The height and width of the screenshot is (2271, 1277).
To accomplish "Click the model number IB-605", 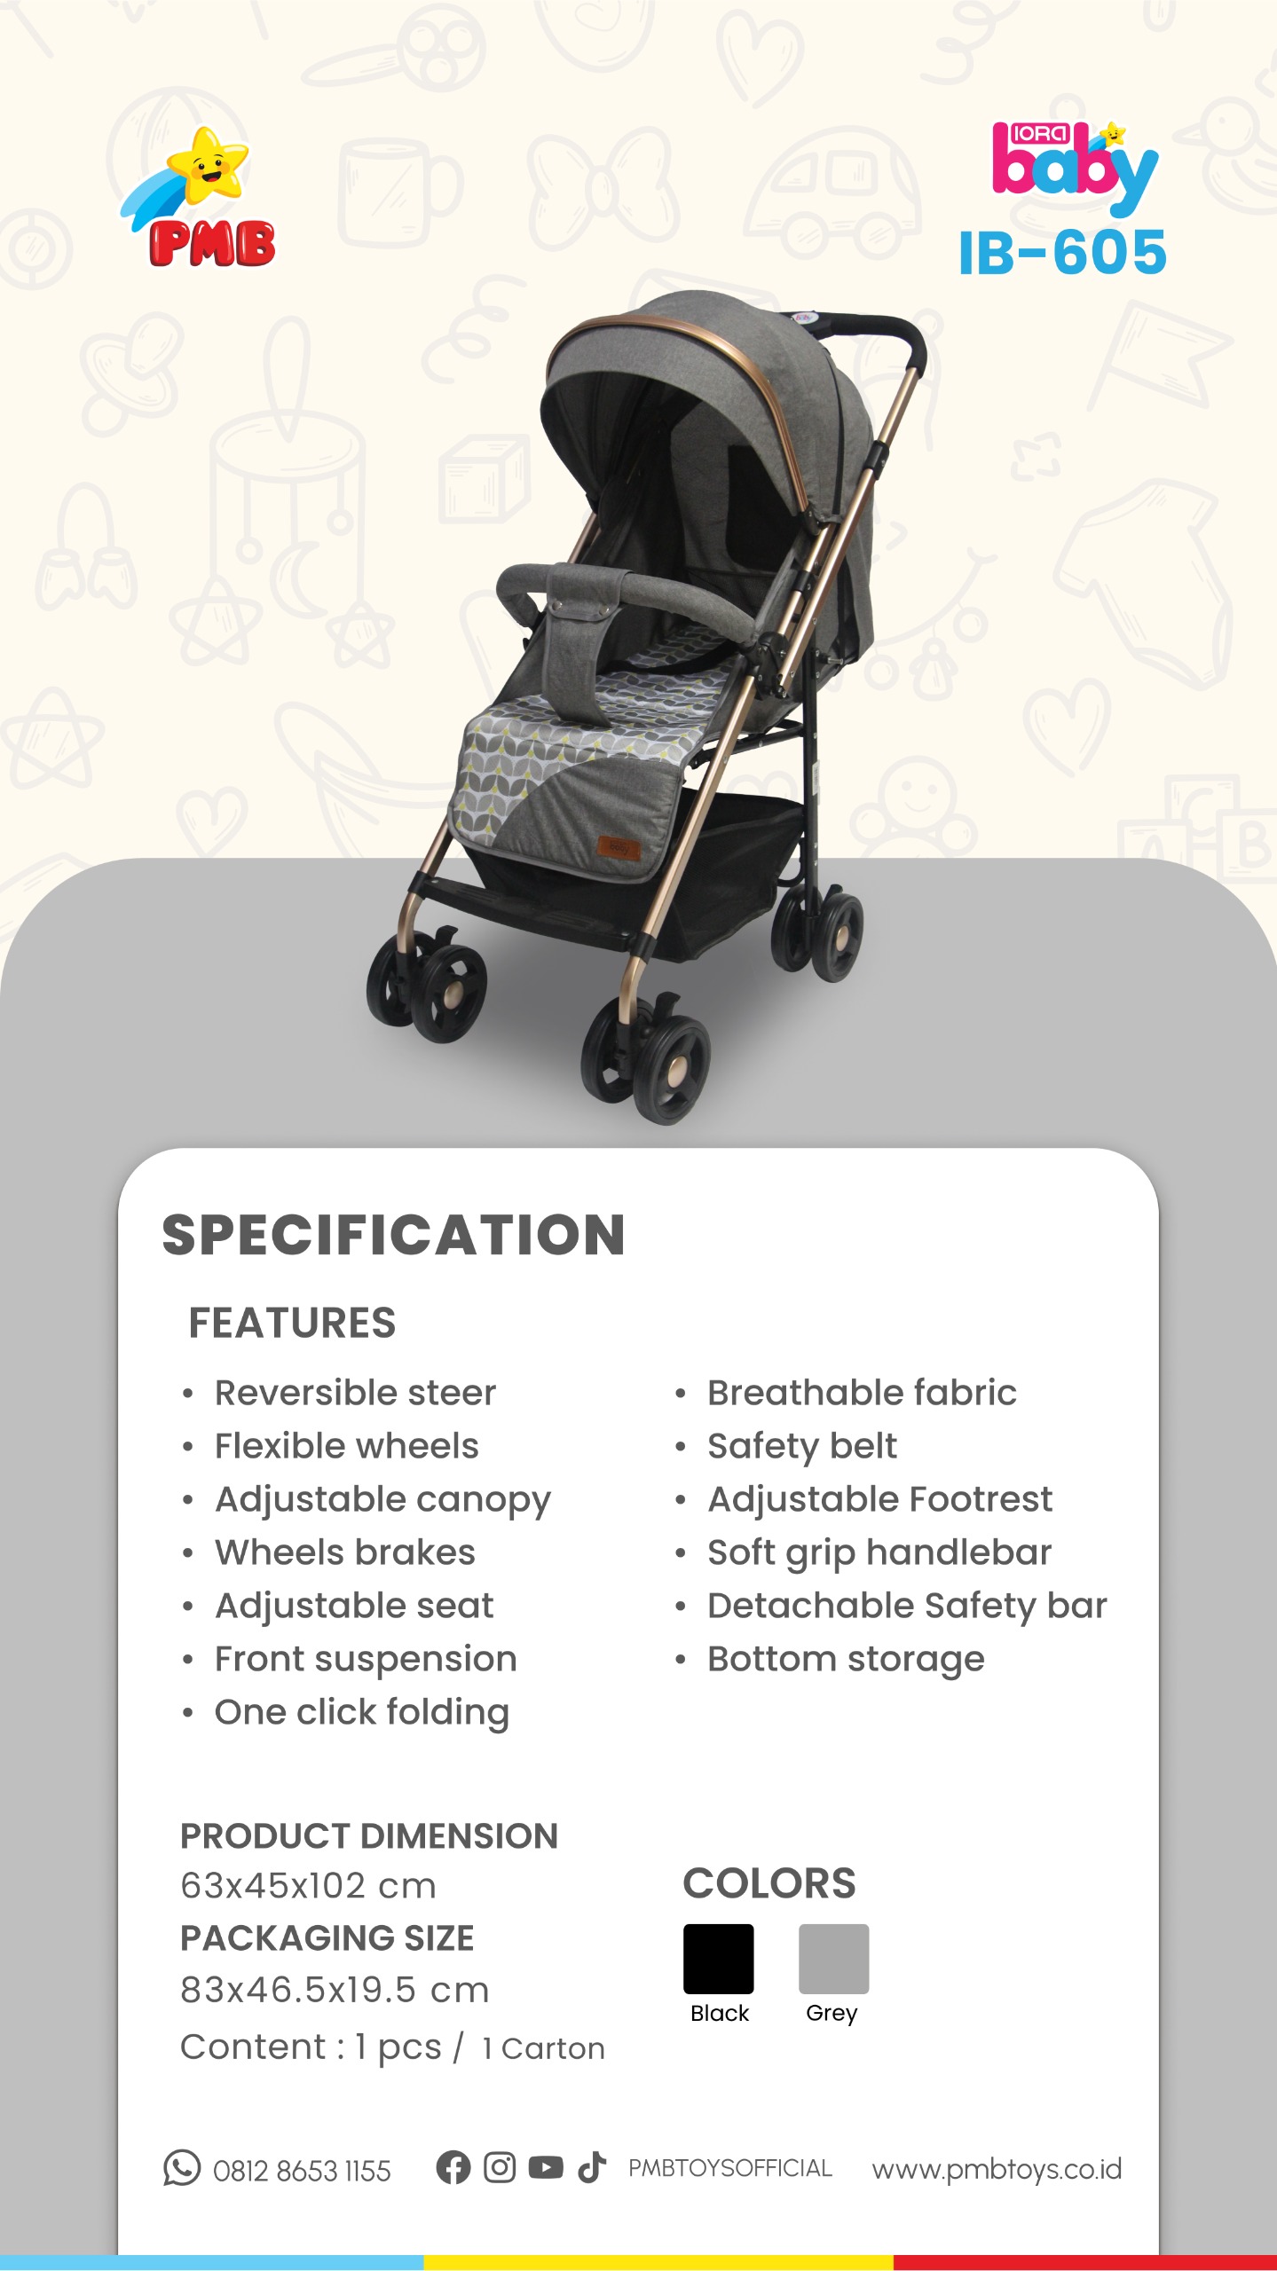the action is click(1062, 253).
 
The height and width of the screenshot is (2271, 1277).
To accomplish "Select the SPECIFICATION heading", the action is click(393, 1235).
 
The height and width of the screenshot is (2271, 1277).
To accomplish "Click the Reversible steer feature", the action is click(355, 1393).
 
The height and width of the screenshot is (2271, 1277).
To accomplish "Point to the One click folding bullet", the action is click(362, 1713).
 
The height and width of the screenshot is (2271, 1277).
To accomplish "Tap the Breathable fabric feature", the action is click(862, 1393).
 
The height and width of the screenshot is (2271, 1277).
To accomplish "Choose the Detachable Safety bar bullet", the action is click(907, 1607).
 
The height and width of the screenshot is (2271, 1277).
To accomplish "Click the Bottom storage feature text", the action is click(846, 1660).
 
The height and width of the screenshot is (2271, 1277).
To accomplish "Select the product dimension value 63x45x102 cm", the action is click(308, 1885).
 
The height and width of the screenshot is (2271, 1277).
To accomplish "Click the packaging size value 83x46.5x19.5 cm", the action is click(335, 1990).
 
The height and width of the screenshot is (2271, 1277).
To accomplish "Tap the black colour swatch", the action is click(718, 1959).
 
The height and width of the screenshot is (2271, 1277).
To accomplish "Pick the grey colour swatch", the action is click(833, 1959).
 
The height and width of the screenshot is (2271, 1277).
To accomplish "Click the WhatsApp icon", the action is click(182, 2168).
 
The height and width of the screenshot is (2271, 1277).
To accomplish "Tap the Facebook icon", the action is click(453, 2167).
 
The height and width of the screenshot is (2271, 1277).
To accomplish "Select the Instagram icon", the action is click(500, 2167).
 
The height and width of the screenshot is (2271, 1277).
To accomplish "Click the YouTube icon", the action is click(546, 2167).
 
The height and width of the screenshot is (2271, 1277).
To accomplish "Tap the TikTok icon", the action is click(592, 2167).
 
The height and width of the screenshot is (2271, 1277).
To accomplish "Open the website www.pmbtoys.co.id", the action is click(997, 2169).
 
